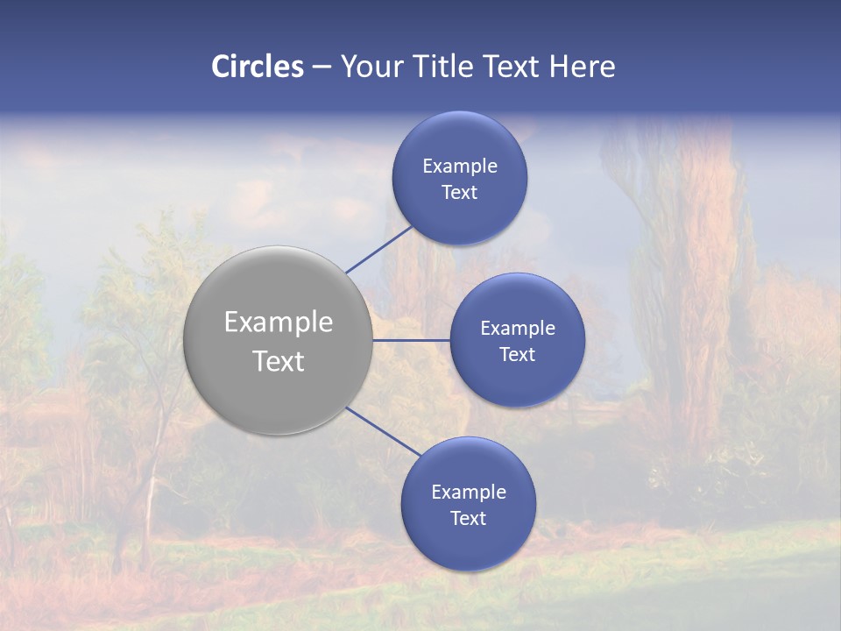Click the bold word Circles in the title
[258, 67]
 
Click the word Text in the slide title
[511, 67]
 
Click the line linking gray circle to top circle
[379, 249]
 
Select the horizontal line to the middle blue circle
[412, 340]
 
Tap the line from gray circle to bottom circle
[384, 432]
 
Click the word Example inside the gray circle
[279, 323]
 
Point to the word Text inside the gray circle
[279, 361]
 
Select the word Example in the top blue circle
[460, 167]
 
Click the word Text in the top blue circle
[460, 193]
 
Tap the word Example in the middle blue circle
[518, 329]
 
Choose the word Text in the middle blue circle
[518, 355]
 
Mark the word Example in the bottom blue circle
[469, 493]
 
